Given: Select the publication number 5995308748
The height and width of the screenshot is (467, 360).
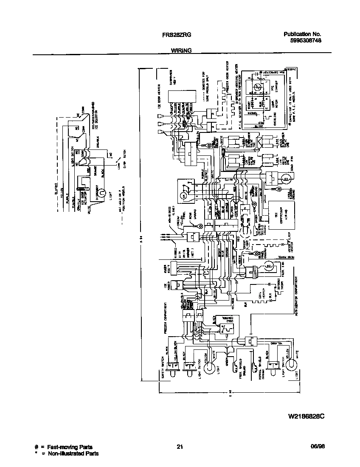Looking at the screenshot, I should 302,41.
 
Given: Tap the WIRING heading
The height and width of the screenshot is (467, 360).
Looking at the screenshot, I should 181,50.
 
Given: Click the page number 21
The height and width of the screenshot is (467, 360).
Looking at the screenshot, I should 180,447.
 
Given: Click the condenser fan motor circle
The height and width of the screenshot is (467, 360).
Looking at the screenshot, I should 286,180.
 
